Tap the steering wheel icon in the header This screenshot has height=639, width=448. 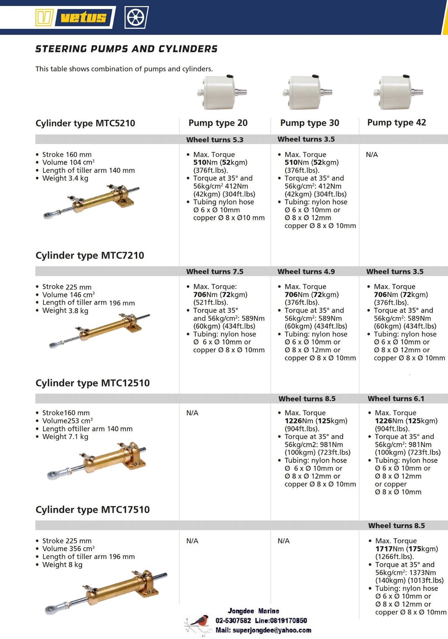pyautogui.click(x=136, y=17)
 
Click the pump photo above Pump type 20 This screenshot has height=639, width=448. pyautogui.click(x=221, y=92)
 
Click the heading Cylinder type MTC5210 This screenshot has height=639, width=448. pyautogui.click(x=85, y=123)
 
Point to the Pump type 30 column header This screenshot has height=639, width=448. pyautogui.click(x=309, y=123)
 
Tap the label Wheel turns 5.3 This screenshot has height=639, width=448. pyautogui.click(x=215, y=140)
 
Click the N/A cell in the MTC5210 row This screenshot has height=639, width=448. pyautogui.click(x=372, y=155)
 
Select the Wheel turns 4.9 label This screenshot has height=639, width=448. pyautogui.click(x=306, y=272)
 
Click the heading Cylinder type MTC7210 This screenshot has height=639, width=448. pyautogui.click(x=90, y=256)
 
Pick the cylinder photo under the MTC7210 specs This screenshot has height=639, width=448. pyautogui.click(x=100, y=330)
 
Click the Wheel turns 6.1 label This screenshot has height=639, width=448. pyautogui.click(x=396, y=399)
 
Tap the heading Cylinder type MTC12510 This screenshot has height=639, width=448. pyautogui.click(x=93, y=383)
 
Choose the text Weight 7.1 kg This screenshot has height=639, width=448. pyautogui.click(x=65, y=437)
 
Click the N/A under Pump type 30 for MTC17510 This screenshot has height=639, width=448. pyautogui.click(x=283, y=541)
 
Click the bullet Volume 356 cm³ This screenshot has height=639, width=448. pyautogui.click(x=68, y=549)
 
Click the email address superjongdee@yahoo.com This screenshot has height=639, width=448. pyautogui.click(x=272, y=630)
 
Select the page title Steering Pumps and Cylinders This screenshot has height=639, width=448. pyautogui.click(x=126, y=49)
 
